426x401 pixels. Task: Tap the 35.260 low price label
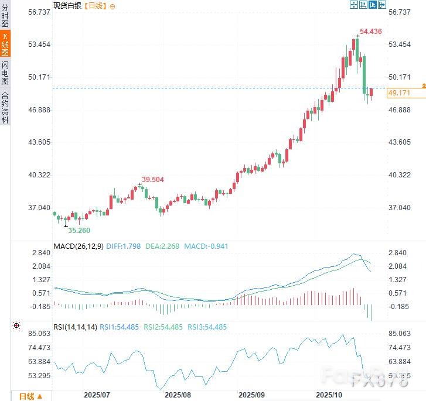[x=78, y=230]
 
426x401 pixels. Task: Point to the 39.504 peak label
[x=154, y=180]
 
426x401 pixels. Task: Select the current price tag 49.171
[x=398, y=93]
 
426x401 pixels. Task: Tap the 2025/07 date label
[x=97, y=395]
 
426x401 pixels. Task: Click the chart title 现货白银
[x=67, y=5]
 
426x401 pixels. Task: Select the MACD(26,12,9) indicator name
[x=78, y=246]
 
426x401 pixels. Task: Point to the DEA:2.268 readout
[x=162, y=246]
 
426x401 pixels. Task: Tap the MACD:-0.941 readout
[x=206, y=246]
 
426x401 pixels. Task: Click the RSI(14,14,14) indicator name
[x=74, y=327]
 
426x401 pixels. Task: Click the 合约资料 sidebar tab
[x=5, y=107]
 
